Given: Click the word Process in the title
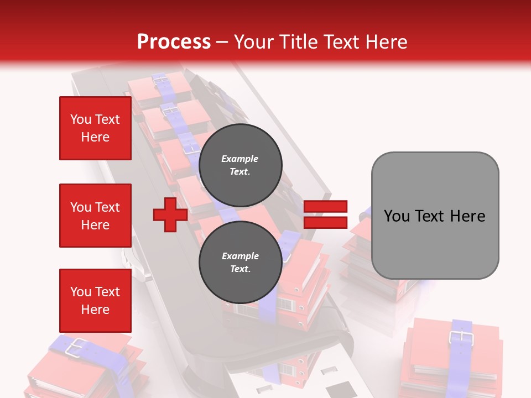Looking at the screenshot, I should coord(174,42).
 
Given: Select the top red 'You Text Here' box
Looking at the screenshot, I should coord(95,128).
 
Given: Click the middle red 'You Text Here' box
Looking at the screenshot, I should coord(95,216).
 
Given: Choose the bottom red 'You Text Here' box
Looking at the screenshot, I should coord(95,301).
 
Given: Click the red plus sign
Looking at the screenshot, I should coord(170,214).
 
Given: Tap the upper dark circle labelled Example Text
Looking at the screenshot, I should coord(240,165).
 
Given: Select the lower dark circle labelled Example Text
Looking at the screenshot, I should coord(240,263).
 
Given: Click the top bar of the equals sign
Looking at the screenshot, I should coord(325,207).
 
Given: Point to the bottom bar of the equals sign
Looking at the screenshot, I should coord(325,222).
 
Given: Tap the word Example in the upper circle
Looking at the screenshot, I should coord(240,159).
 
